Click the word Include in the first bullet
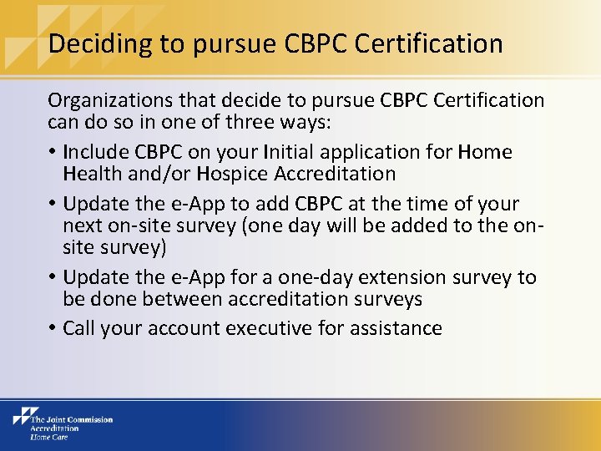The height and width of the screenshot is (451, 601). (94, 152)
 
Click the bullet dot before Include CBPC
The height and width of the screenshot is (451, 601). (52, 153)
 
